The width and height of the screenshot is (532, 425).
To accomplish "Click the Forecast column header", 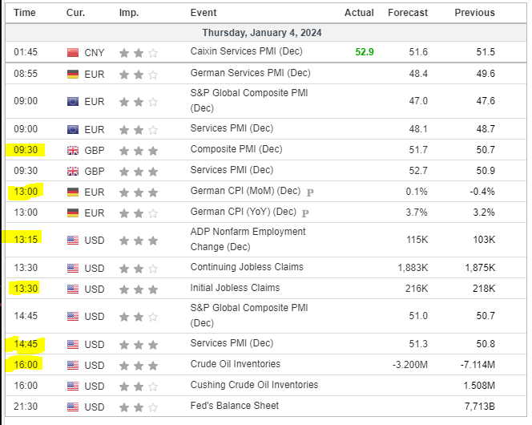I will pyautogui.click(x=408, y=13).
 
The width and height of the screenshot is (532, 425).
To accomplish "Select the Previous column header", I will pyautogui.click(x=474, y=13).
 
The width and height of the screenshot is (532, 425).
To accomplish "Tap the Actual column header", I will pyautogui.click(x=359, y=13).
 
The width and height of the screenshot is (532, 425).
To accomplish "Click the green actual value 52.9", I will pyautogui.click(x=365, y=52).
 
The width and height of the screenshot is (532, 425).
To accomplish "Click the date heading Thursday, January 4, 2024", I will pyautogui.click(x=262, y=33).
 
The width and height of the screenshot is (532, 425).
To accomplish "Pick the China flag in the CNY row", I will pyautogui.click(x=73, y=53).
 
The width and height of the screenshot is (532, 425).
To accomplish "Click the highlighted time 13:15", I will pyautogui.click(x=25, y=239).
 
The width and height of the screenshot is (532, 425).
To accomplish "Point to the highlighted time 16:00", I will pyautogui.click(x=25, y=365).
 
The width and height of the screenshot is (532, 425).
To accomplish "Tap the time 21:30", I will pyautogui.click(x=25, y=407).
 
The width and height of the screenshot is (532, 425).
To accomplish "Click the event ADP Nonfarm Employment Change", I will pyautogui.click(x=248, y=239).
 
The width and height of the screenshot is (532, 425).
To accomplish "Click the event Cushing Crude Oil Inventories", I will pyautogui.click(x=254, y=385).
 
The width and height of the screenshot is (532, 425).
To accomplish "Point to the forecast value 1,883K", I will pyautogui.click(x=413, y=268).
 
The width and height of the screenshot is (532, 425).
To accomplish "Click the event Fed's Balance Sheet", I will pyautogui.click(x=235, y=406).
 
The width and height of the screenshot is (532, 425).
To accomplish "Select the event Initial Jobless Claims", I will pyautogui.click(x=235, y=288).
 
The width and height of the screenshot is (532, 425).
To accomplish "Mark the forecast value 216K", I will pyautogui.click(x=416, y=289).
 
